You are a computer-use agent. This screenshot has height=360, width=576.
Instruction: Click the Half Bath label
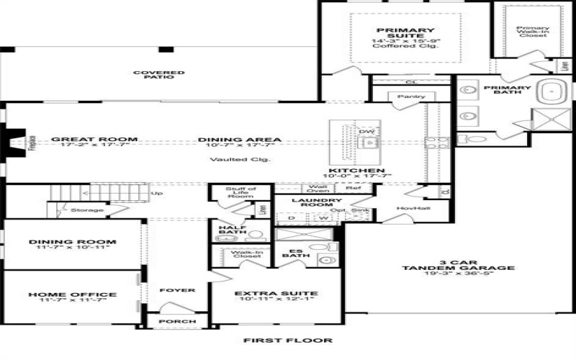coord(232,231)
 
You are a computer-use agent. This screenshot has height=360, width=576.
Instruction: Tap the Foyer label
coord(176,290)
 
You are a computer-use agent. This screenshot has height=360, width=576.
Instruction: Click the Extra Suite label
coord(276,294)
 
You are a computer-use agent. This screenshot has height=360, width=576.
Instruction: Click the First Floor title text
coord(287,341)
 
